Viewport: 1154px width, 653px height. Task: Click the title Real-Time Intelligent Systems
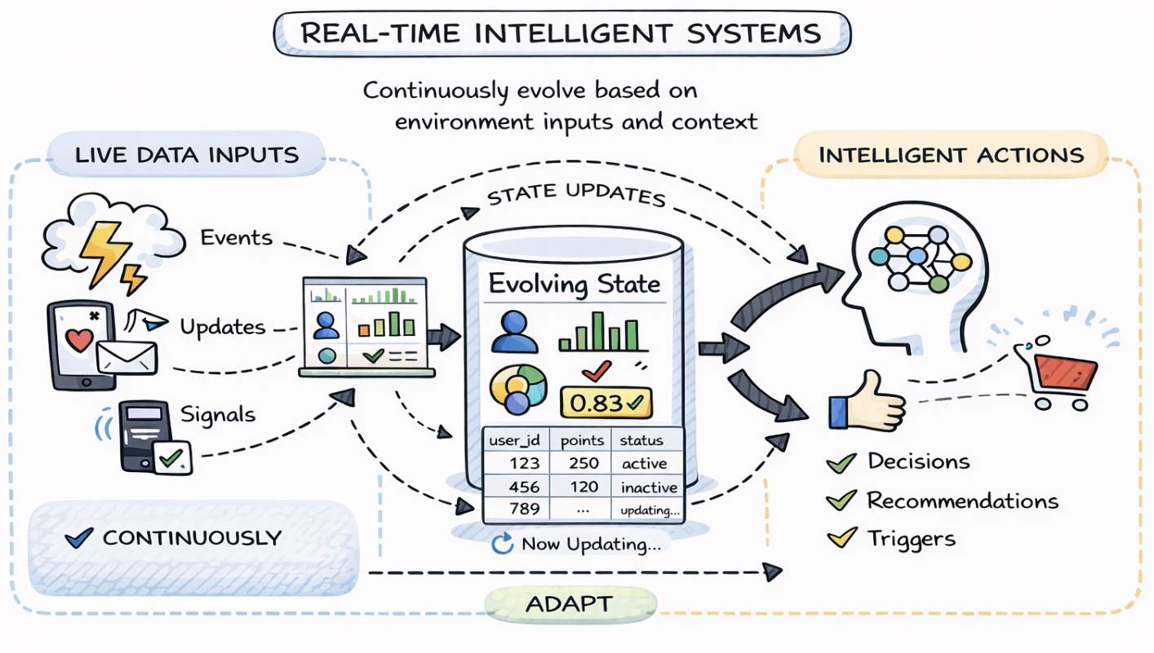[561, 33]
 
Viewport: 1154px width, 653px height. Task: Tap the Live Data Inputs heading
[187, 154]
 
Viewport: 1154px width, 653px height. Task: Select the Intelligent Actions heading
[951, 154]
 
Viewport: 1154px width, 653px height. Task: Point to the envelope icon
[126, 355]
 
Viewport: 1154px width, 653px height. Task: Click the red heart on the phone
[79, 340]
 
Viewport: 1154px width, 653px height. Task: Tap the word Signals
[218, 414]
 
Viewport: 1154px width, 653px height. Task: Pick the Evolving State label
[574, 285]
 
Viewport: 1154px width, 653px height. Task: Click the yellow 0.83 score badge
[603, 402]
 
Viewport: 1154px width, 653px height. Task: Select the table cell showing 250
[581, 463]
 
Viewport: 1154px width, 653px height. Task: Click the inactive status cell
[649, 488]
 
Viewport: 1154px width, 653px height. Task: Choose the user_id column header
[515, 440]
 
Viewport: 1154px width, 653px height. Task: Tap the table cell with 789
[522, 510]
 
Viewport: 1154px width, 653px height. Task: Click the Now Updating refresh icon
[502, 544]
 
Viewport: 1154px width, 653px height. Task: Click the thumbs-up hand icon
[867, 401]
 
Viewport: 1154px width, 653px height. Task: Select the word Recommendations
[962, 501]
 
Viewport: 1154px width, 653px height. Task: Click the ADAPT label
[570, 605]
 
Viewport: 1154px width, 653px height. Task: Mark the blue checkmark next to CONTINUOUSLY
[78, 537]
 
